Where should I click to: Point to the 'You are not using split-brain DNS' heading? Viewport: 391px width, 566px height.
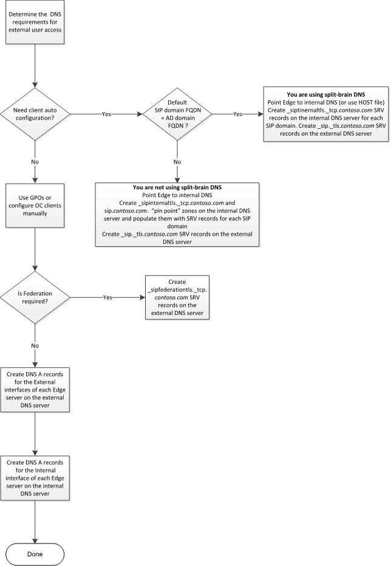[177, 187]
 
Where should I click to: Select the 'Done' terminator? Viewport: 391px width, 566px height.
[35, 554]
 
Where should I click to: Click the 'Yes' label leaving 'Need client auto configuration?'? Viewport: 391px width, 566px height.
[106, 113]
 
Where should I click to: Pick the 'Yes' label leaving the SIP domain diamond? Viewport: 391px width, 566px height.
[237, 113]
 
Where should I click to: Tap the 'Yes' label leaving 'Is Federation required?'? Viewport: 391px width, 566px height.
[108, 297]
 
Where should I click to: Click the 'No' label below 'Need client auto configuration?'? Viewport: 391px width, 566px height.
[35, 162]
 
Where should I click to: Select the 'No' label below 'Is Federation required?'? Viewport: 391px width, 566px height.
[35, 345]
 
